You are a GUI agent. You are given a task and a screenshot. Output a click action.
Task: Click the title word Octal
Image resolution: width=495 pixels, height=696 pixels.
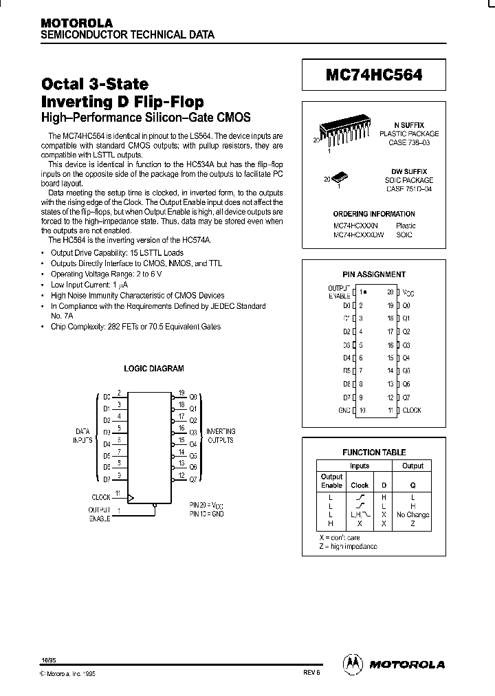pos(67,85)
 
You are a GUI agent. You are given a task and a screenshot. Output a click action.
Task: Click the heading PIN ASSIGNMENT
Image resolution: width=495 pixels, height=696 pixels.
pos(374,274)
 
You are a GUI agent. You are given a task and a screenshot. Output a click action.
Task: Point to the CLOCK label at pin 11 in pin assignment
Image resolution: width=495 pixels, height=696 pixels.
pos(412,411)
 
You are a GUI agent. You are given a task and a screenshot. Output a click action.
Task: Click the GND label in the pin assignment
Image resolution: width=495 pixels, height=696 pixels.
pos(344,411)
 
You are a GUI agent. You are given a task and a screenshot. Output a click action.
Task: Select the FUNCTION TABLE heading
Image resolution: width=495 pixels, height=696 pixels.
pos(374,453)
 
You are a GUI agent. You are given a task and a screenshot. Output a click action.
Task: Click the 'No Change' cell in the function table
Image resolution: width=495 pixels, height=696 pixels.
pos(412,514)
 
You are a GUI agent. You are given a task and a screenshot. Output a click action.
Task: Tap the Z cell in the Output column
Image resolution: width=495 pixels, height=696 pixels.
pos(412,523)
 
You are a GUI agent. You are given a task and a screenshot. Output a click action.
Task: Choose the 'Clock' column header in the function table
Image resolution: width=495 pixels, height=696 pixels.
pos(360,485)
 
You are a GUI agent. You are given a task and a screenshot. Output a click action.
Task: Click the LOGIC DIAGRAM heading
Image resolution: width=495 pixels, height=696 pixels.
pos(153,369)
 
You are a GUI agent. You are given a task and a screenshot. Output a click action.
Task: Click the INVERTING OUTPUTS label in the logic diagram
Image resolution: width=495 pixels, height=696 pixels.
pos(221,435)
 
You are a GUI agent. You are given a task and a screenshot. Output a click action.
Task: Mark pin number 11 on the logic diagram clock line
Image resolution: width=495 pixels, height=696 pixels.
pos(118,493)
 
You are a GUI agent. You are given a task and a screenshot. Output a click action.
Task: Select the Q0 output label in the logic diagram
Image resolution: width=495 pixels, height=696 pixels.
pos(193,397)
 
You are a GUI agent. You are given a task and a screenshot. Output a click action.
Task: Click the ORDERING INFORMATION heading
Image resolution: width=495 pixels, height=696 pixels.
pos(374,214)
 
